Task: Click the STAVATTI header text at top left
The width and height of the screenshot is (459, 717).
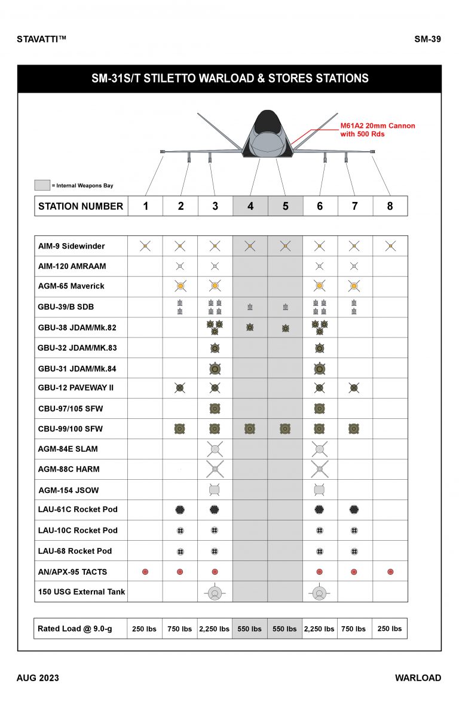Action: pos(41,39)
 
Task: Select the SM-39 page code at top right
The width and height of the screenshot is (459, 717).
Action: pos(427,39)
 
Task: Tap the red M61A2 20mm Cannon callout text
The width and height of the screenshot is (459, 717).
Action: pos(377,130)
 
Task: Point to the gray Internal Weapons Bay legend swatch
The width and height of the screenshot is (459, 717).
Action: pos(42,185)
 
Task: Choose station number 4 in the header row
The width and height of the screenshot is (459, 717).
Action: pos(250,206)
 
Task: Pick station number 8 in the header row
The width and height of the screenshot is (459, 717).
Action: pos(390,206)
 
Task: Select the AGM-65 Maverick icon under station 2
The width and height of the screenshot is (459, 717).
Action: pos(180,286)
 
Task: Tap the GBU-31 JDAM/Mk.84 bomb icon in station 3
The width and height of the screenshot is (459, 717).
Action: pos(215,368)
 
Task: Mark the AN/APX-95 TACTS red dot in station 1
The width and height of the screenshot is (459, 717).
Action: pos(145,572)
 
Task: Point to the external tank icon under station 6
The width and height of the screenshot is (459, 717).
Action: pos(319,592)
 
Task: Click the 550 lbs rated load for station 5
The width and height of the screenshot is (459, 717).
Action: pos(285,629)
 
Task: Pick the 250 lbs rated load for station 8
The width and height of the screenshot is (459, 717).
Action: pos(390,629)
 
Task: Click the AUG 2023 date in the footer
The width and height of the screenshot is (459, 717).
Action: pos(38,678)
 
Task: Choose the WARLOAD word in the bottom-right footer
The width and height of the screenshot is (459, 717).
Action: pos(418,678)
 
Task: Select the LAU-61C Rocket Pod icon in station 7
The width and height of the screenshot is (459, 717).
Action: pos(354,510)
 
